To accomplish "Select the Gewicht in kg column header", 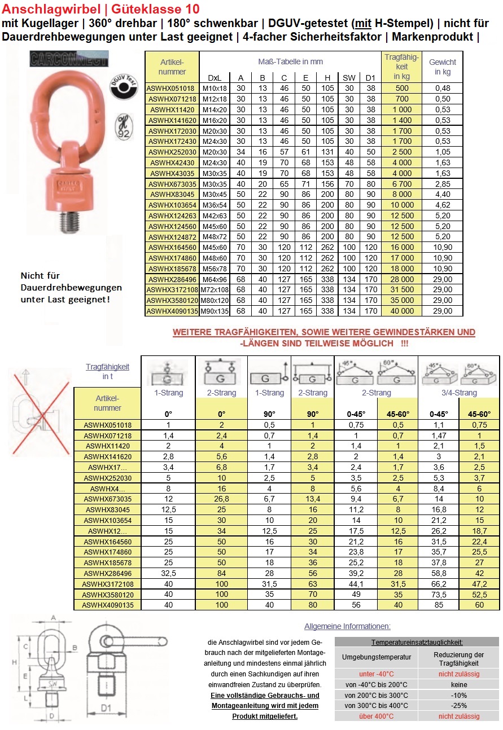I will coord(442,67).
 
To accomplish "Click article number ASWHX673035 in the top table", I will coord(172,183).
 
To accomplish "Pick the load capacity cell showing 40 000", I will coord(401,311).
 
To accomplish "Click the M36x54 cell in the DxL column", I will coord(214,205).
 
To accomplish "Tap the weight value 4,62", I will coord(443,205).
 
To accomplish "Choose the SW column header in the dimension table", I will coord(349,78).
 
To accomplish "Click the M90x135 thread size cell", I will coord(214,311).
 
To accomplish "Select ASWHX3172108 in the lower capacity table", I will coord(107,584).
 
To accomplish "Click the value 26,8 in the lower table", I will coord(222,499).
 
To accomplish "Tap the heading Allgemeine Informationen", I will coord(347,626).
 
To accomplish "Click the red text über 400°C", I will coord(377,716).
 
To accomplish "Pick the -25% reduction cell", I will coord(458,705).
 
